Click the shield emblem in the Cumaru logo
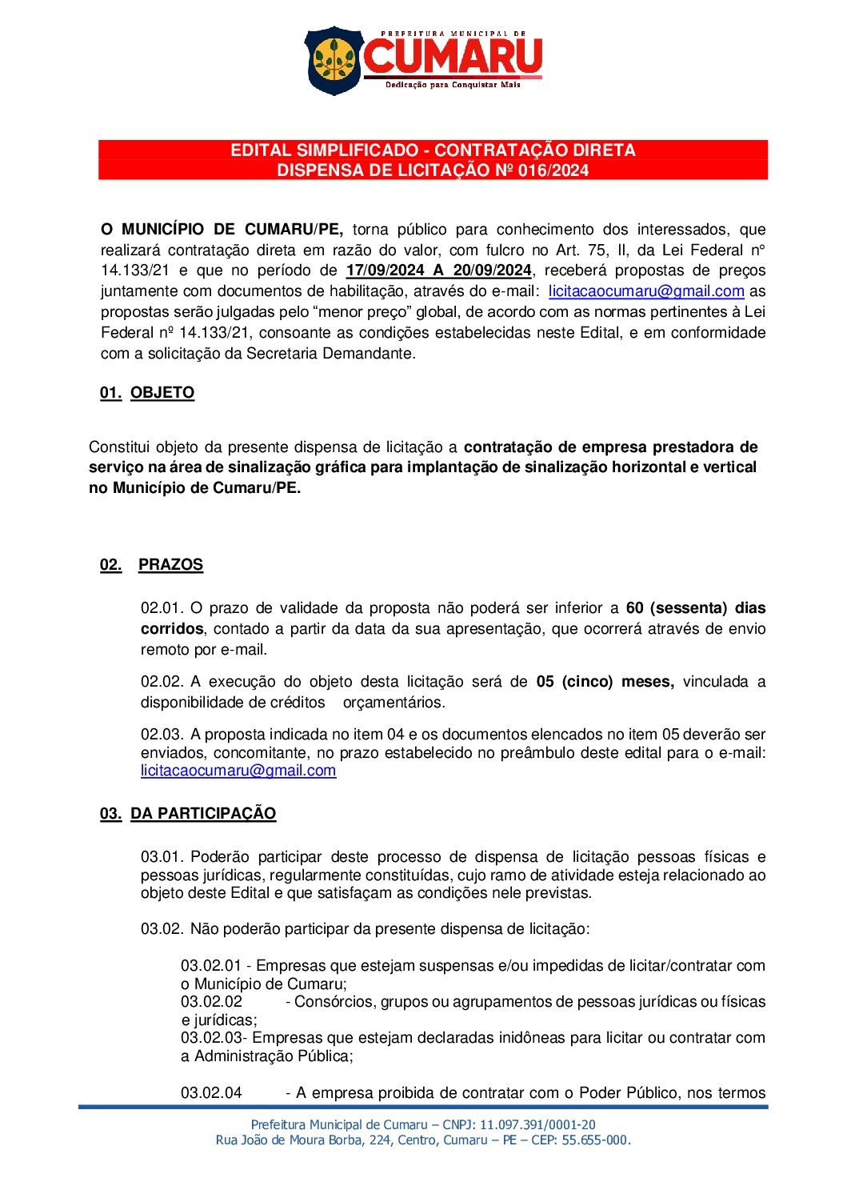[x=334, y=61]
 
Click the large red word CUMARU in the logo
[x=453, y=57]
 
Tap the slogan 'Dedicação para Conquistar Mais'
[x=453, y=85]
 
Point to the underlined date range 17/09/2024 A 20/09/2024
[x=438, y=270]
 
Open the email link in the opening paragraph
[x=646, y=291]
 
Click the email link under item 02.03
[x=238, y=771]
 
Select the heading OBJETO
[x=162, y=393]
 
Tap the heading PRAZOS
[x=170, y=565]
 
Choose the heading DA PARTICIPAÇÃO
[x=203, y=814]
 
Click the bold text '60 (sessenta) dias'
[x=696, y=608]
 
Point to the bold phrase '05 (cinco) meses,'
[x=605, y=682]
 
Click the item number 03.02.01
[x=210, y=966]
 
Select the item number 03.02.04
[x=211, y=1093]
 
